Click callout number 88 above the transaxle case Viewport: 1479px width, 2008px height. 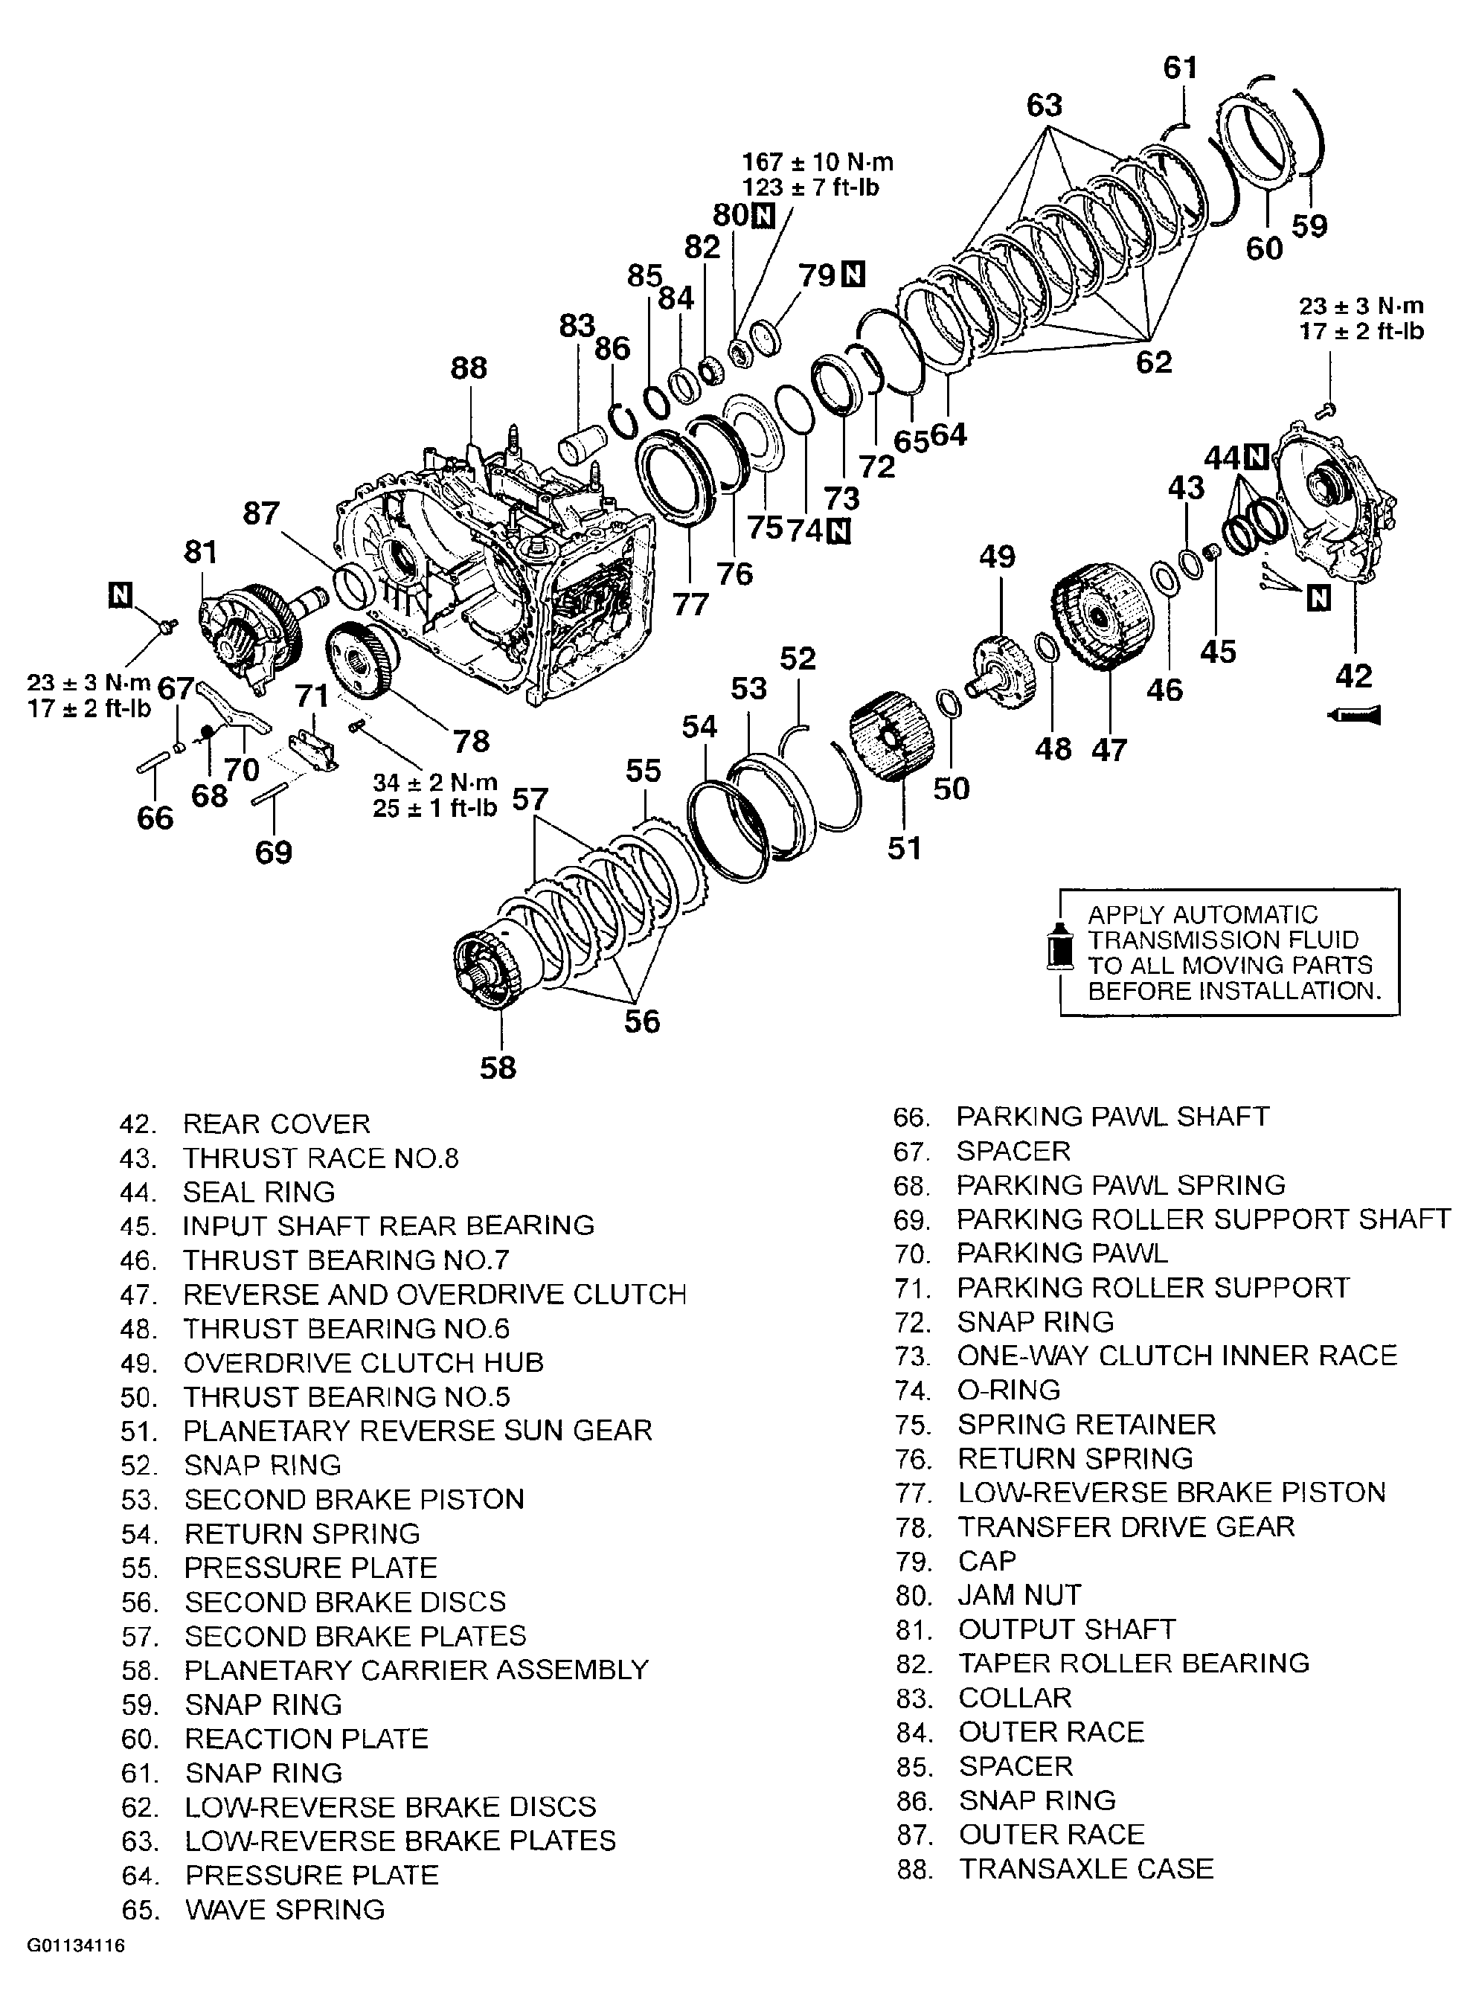tap(468, 368)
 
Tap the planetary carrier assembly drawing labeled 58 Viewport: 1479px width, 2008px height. tap(488, 972)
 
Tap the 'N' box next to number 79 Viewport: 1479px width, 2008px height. tap(855, 274)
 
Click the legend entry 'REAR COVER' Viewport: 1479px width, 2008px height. tap(276, 1123)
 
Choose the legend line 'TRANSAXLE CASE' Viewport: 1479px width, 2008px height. tap(1085, 1869)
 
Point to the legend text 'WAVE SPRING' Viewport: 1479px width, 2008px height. tap(285, 1910)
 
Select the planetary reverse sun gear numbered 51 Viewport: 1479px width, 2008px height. tap(891, 735)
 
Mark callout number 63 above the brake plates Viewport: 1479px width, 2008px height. tap(1044, 106)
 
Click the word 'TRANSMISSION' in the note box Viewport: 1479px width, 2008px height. tap(1222, 940)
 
